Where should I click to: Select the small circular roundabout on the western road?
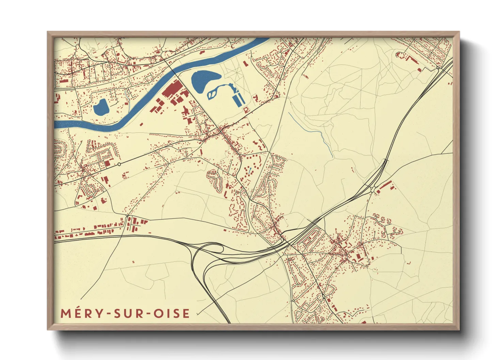(x=119, y=164)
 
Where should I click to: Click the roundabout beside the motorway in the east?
(x=374, y=189)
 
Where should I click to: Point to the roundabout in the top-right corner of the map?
(x=438, y=68)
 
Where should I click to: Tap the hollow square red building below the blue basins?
(x=246, y=109)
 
